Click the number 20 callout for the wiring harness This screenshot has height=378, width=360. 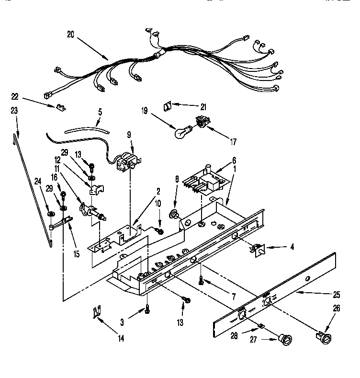[x=71, y=34]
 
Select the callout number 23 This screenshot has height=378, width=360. [x=13, y=110]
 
